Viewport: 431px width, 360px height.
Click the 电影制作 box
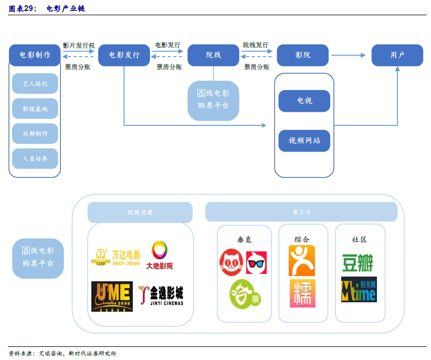(35, 55)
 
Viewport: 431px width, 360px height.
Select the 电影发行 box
(124, 55)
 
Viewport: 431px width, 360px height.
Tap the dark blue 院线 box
(213, 55)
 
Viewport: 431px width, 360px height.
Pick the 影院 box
(302, 55)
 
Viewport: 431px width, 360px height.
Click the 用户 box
(397, 55)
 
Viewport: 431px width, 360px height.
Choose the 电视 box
(304, 101)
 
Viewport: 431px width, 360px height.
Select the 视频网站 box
(304, 141)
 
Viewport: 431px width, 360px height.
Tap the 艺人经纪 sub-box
(35, 83)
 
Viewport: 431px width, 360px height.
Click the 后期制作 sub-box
(35, 133)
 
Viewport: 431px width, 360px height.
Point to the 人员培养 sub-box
(35, 158)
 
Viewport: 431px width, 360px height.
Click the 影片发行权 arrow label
(79, 46)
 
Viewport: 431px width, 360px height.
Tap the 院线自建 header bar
(140, 212)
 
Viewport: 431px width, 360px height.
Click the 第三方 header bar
(301, 212)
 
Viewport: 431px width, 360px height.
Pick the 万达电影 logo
(115, 257)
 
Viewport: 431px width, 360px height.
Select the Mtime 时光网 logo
(359, 289)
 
